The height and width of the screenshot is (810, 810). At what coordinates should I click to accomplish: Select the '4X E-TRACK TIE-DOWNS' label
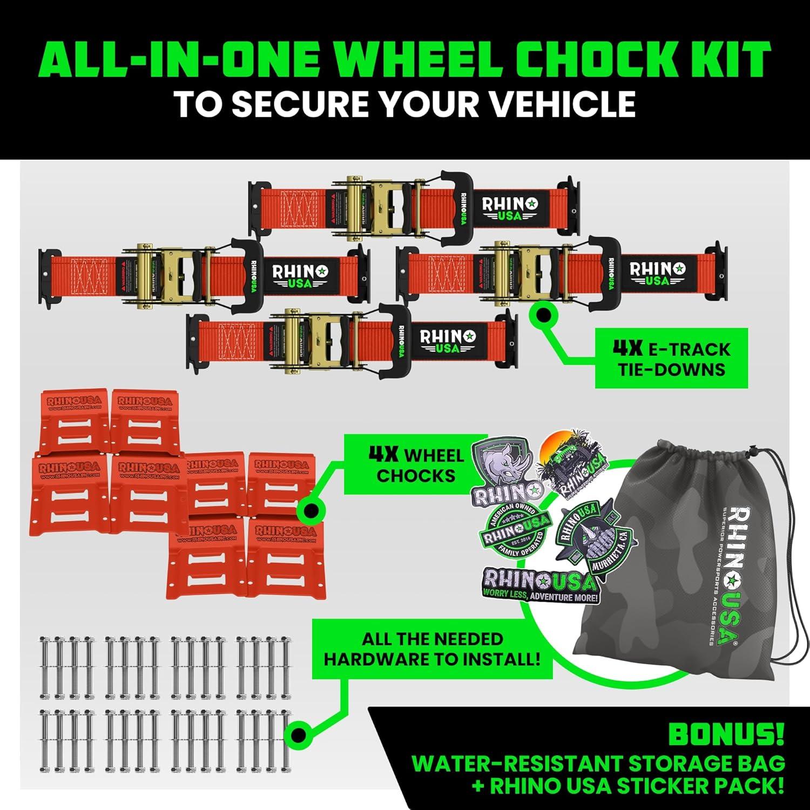coord(671,359)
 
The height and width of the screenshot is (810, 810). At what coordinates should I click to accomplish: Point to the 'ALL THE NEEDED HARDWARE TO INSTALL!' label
coord(432,649)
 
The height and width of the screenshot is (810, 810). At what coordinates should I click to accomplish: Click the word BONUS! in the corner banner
coord(726,734)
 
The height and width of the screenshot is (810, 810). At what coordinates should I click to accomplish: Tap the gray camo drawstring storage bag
coord(659,562)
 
